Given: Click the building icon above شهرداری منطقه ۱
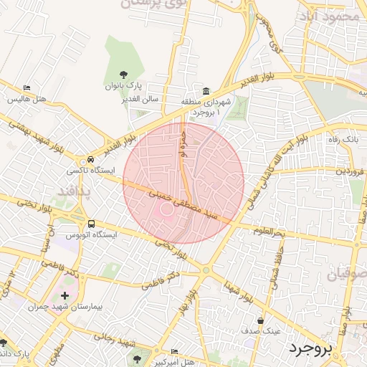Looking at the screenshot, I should (206, 91).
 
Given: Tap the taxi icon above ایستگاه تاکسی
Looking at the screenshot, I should (90, 159).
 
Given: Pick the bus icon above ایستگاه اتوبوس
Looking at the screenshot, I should (90, 223).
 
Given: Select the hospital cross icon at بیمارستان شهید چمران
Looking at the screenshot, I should (65, 295).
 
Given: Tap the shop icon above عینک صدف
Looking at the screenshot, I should (259, 320).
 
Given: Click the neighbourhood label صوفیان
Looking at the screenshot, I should (346, 275).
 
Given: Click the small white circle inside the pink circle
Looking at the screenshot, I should (167, 209).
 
